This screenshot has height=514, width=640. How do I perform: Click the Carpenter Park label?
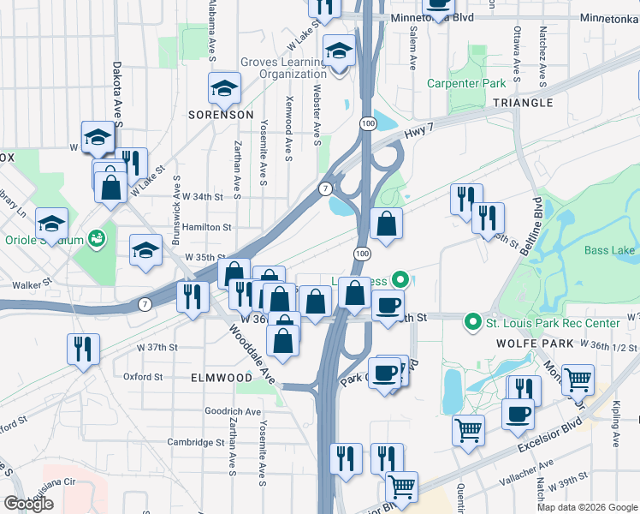click(467, 84)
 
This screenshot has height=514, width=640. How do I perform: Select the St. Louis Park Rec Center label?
click(552, 323)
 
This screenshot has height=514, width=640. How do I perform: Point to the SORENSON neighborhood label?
click(222, 114)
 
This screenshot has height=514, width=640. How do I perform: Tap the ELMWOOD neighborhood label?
click(222, 377)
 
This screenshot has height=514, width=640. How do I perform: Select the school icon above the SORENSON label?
click(224, 87)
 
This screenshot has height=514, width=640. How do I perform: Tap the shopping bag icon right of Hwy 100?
click(387, 224)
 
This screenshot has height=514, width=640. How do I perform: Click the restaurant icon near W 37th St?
click(83, 349)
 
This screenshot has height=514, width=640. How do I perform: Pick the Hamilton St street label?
click(208, 227)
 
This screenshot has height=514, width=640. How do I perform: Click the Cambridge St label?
click(195, 442)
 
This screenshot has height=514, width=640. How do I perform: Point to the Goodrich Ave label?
click(233, 411)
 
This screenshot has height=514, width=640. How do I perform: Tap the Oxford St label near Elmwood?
click(142, 376)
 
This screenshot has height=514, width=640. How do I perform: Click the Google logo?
click(28, 504)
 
